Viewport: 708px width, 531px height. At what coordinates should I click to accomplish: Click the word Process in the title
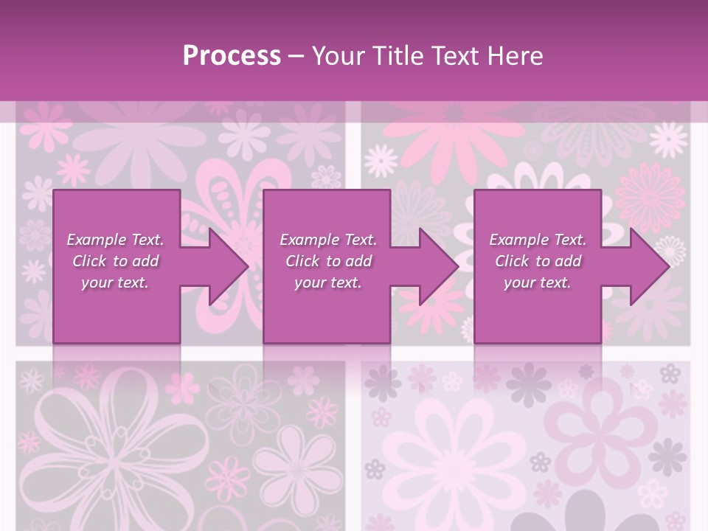pyautogui.click(x=232, y=56)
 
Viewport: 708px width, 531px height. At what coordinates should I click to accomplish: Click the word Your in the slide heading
pyautogui.click(x=339, y=56)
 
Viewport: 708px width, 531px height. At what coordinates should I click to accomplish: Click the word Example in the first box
pyautogui.click(x=97, y=240)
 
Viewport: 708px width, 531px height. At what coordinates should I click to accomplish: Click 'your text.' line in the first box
pyautogui.click(x=115, y=282)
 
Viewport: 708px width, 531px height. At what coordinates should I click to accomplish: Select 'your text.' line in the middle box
pyautogui.click(x=327, y=282)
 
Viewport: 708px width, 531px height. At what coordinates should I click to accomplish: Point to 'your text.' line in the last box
pyautogui.click(x=537, y=282)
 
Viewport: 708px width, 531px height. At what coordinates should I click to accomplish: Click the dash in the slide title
pyautogui.click(x=296, y=56)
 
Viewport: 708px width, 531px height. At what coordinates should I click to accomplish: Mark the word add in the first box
pyautogui.click(x=145, y=261)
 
